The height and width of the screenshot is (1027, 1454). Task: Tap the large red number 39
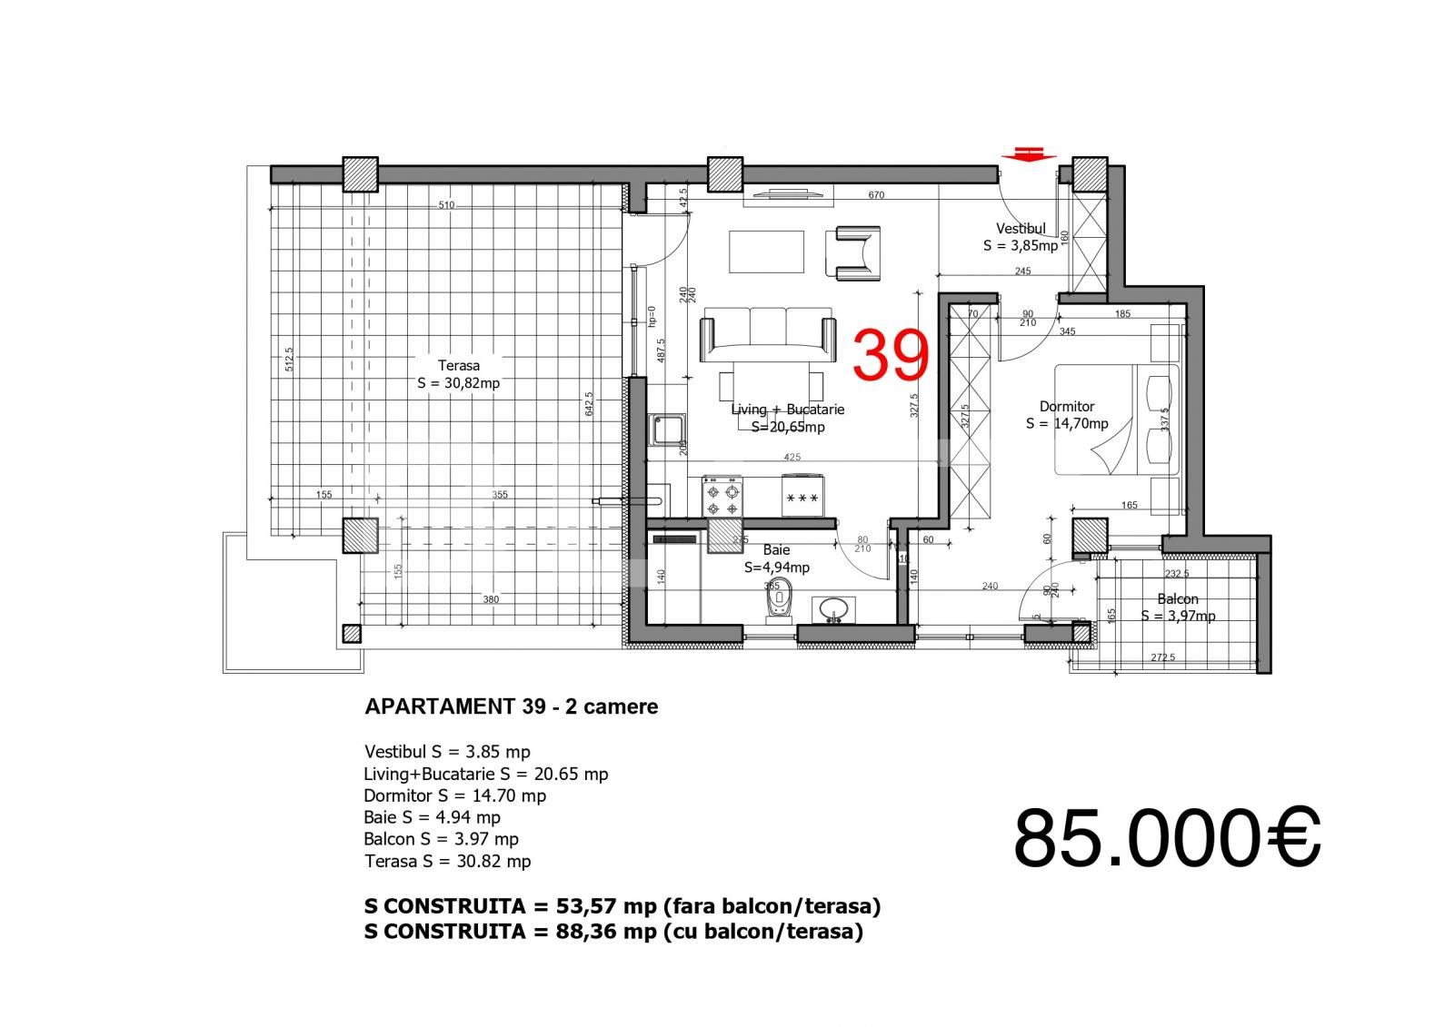click(x=891, y=355)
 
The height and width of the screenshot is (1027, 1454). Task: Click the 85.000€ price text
click(x=1167, y=837)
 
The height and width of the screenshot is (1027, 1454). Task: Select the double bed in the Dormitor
click(x=1116, y=420)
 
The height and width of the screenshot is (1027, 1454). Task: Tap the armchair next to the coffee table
click(x=852, y=252)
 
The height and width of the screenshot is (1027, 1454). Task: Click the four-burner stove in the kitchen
click(x=723, y=498)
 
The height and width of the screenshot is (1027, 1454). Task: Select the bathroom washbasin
click(x=832, y=609)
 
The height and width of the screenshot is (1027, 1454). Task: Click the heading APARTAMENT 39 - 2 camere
click(x=511, y=706)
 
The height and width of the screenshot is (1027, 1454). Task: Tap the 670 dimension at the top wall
click(x=876, y=195)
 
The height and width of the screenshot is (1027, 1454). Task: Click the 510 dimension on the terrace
click(x=446, y=205)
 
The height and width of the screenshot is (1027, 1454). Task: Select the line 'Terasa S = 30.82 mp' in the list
click(x=447, y=861)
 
